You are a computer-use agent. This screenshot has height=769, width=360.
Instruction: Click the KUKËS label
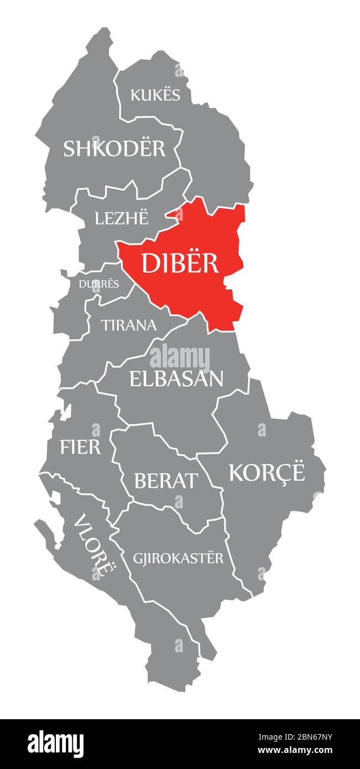click(x=155, y=95)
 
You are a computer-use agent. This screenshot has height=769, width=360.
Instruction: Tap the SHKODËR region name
click(x=114, y=148)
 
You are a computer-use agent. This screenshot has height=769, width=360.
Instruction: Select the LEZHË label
click(x=122, y=219)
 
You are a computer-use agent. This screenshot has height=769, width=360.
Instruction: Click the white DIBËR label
click(x=180, y=263)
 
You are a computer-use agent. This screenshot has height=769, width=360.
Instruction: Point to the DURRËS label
click(x=98, y=284)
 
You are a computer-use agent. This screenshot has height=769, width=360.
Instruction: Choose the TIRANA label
click(x=128, y=325)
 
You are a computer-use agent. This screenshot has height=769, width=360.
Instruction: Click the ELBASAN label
click(x=176, y=378)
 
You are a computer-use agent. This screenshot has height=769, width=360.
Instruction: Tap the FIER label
click(x=81, y=447)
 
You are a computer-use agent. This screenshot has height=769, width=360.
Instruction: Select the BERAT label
click(x=165, y=481)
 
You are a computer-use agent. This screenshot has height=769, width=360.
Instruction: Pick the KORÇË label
click(x=267, y=473)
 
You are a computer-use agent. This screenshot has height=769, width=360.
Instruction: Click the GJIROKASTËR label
click(x=178, y=558)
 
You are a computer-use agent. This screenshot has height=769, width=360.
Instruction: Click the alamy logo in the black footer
click(x=56, y=744)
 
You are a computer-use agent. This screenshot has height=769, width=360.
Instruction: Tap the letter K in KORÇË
click(x=237, y=473)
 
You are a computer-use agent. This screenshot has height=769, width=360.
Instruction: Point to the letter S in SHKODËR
click(x=70, y=148)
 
